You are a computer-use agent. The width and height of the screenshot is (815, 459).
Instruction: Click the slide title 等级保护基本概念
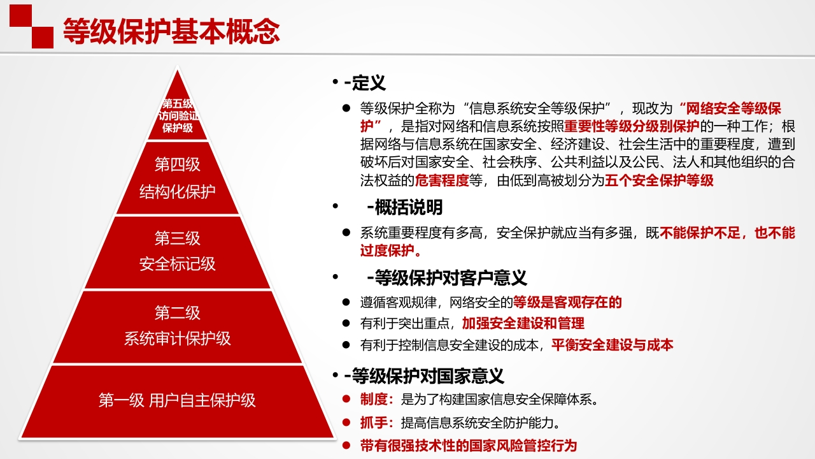(171, 31)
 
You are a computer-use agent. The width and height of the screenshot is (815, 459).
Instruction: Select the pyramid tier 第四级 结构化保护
(178, 178)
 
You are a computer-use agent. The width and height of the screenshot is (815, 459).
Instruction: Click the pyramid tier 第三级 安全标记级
(178, 252)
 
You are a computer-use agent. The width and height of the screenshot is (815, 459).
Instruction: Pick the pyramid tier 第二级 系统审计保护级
(178, 326)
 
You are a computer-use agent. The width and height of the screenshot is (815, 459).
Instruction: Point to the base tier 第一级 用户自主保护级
(178, 401)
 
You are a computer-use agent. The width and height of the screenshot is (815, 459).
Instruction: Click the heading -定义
(365, 83)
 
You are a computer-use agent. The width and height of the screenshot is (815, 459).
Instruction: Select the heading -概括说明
(404, 207)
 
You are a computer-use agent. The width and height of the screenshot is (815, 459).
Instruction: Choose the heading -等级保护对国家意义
(424, 376)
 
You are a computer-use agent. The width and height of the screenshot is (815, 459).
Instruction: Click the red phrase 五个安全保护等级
(659, 180)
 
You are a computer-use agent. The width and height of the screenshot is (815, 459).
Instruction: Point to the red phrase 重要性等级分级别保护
(632, 126)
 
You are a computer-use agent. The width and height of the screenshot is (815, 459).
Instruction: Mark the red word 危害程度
(442, 180)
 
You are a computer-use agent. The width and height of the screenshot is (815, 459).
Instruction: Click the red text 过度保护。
(391, 251)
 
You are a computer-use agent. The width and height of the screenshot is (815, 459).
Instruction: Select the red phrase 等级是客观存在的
(567, 302)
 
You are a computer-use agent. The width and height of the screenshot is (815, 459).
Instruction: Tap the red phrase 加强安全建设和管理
(523, 323)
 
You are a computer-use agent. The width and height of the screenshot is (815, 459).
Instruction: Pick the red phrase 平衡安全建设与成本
(613, 345)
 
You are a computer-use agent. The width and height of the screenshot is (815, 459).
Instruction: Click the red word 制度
(374, 399)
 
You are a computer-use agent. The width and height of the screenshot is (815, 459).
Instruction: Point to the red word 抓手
(374, 423)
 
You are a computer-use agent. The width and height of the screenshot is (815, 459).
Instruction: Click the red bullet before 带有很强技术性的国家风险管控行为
(346, 445)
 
